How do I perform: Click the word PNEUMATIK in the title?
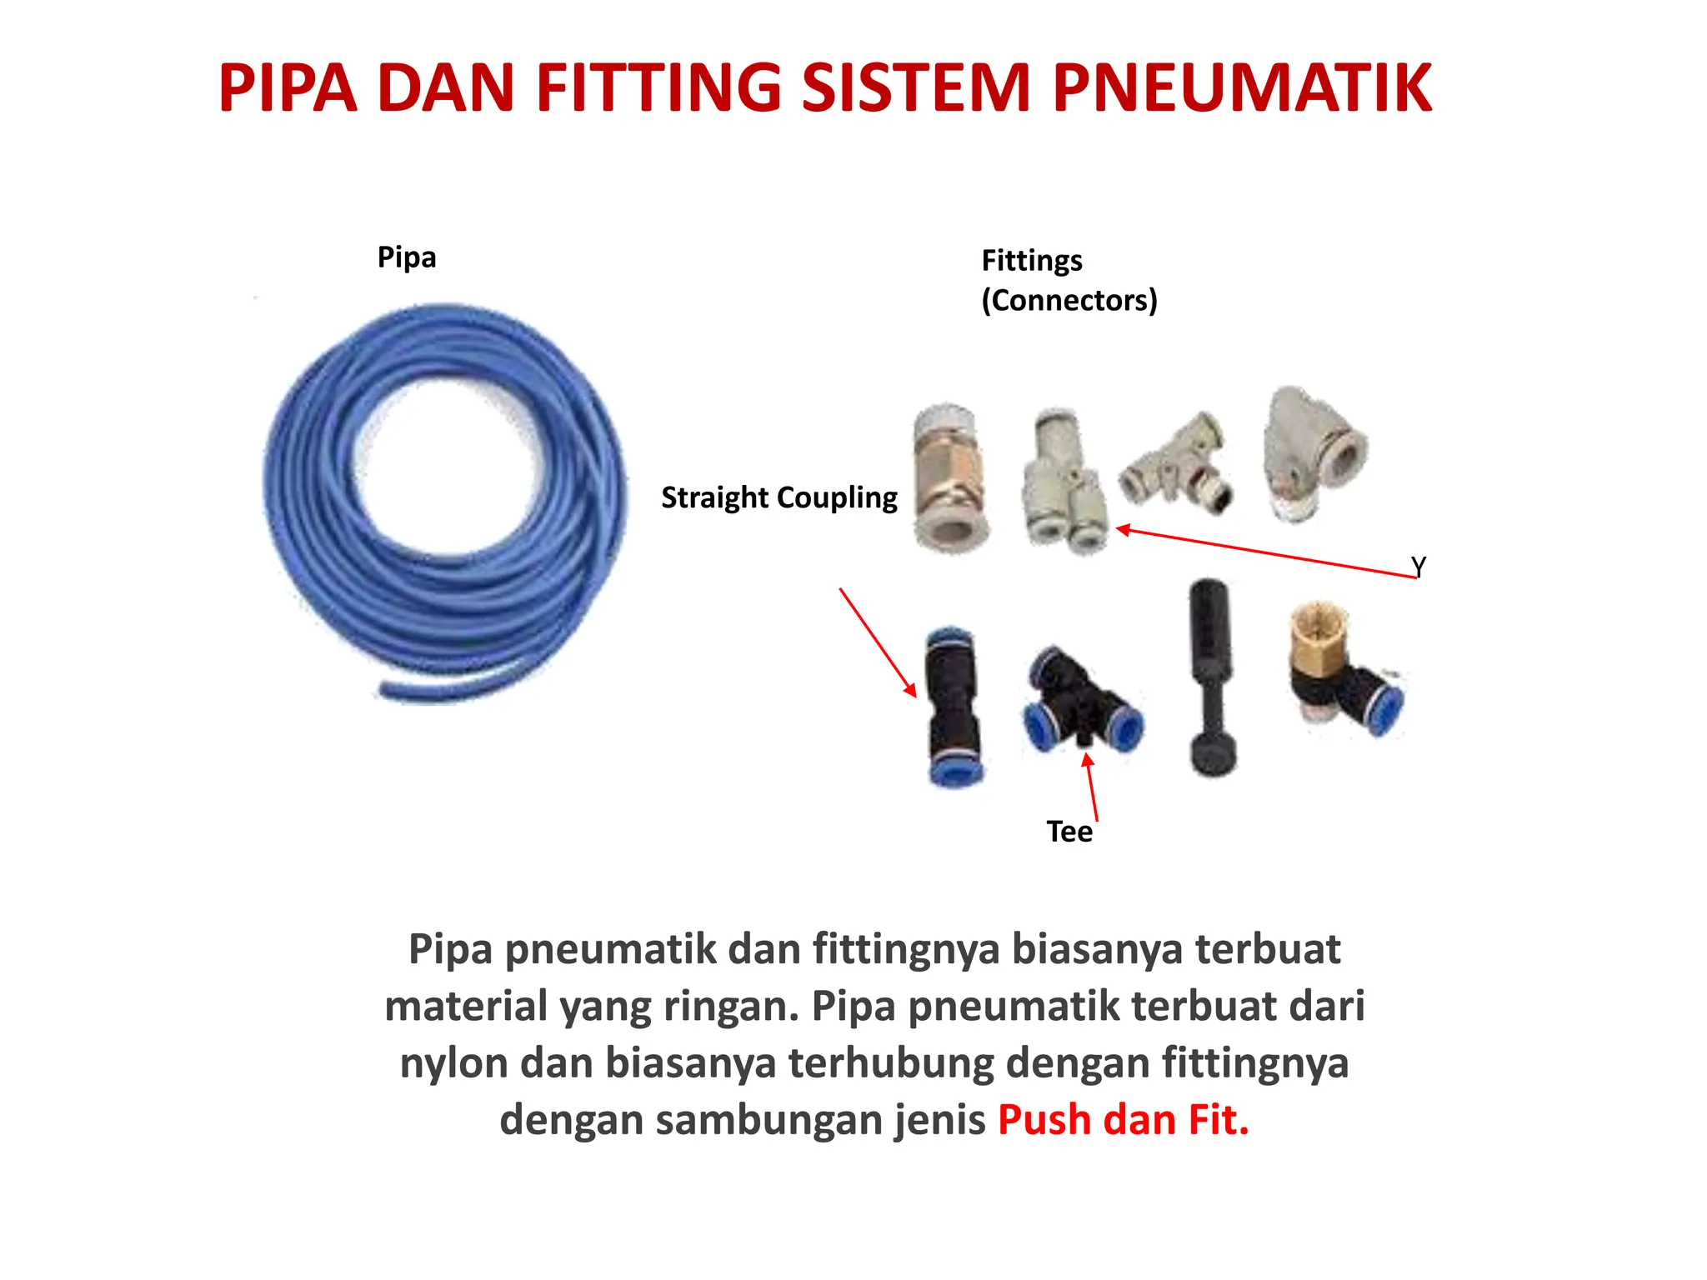pyautogui.click(x=1242, y=88)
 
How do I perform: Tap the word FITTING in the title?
pyautogui.click(x=658, y=88)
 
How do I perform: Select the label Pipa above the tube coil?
pyautogui.click(x=407, y=257)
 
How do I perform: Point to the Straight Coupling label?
pyautogui.click(x=779, y=497)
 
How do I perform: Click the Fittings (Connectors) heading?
pyautogui.click(x=1069, y=280)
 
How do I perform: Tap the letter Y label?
pyautogui.click(x=1419, y=567)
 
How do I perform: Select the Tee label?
pyautogui.click(x=1069, y=832)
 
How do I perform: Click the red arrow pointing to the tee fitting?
pyautogui.click(x=1092, y=787)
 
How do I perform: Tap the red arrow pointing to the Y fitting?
pyautogui.click(x=1267, y=552)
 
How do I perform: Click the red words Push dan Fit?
pyautogui.click(x=1123, y=1120)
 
